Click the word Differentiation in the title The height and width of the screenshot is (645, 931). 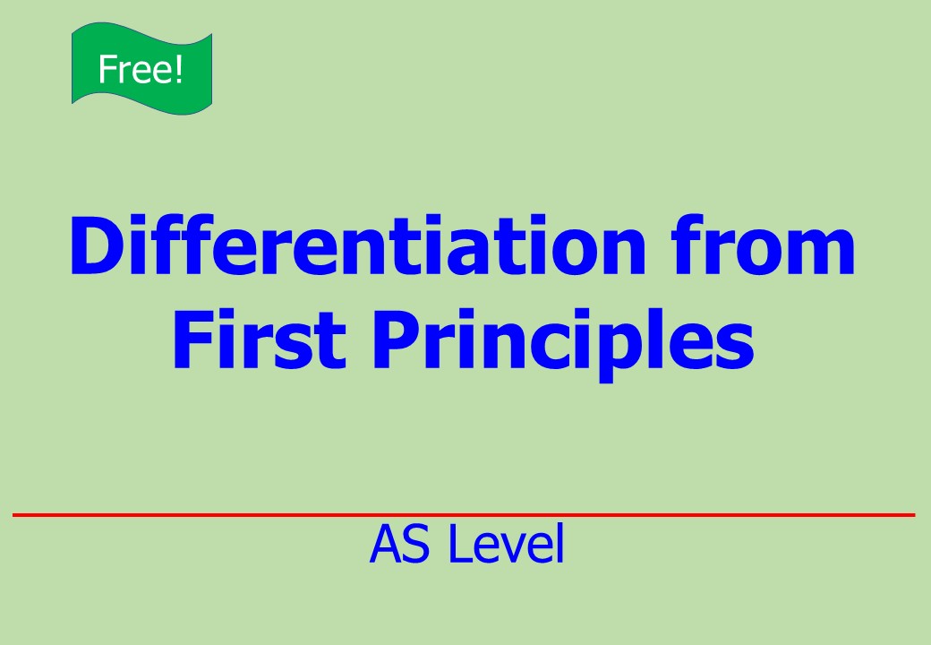(x=357, y=245)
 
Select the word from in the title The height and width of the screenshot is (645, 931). (x=763, y=245)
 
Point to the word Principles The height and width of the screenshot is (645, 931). (x=563, y=345)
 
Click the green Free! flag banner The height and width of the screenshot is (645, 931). (x=142, y=69)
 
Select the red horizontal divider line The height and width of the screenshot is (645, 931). (x=464, y=515)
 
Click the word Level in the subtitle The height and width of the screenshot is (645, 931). (x=506, y=544)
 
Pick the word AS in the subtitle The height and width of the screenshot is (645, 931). (x=399, y=544)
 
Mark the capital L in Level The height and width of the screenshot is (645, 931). (x=461, y=544)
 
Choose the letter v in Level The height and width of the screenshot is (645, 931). (x=514, y=549)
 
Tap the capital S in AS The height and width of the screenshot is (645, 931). (x=415, y=544)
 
